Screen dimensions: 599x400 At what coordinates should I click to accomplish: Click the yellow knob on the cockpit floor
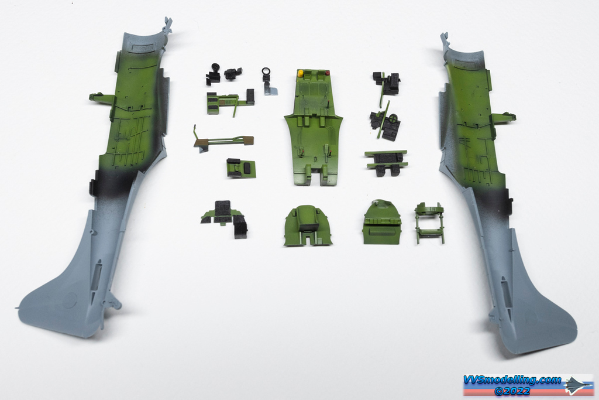301,73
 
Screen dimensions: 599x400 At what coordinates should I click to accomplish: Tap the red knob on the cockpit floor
327,72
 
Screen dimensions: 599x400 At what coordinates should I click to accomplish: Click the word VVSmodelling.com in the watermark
512,380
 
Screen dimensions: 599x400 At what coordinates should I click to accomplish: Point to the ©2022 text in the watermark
512,391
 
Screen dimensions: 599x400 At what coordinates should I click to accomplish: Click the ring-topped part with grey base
268,81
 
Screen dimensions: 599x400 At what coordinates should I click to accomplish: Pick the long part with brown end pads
223,140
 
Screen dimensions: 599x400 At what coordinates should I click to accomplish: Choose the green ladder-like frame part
429,223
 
